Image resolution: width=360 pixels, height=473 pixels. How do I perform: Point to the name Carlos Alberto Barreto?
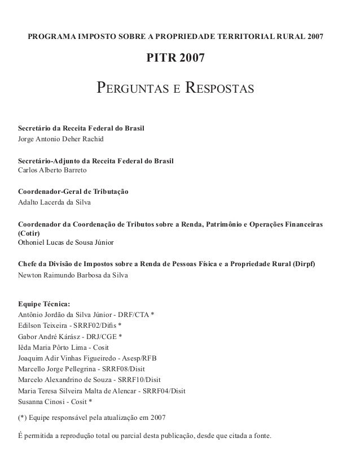click(52, 170)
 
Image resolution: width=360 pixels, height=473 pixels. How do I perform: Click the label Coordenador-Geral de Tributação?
click(73, 193)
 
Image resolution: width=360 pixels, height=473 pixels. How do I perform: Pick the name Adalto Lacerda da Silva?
click(54, 202)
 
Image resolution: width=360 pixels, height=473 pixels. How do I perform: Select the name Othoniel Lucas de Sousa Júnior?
click(66, 242)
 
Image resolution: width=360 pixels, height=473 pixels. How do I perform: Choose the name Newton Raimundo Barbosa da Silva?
click(73, 275)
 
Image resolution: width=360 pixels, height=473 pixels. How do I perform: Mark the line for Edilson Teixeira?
click(70, 325)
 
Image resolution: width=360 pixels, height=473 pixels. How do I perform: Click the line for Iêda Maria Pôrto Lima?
click(63, 347)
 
